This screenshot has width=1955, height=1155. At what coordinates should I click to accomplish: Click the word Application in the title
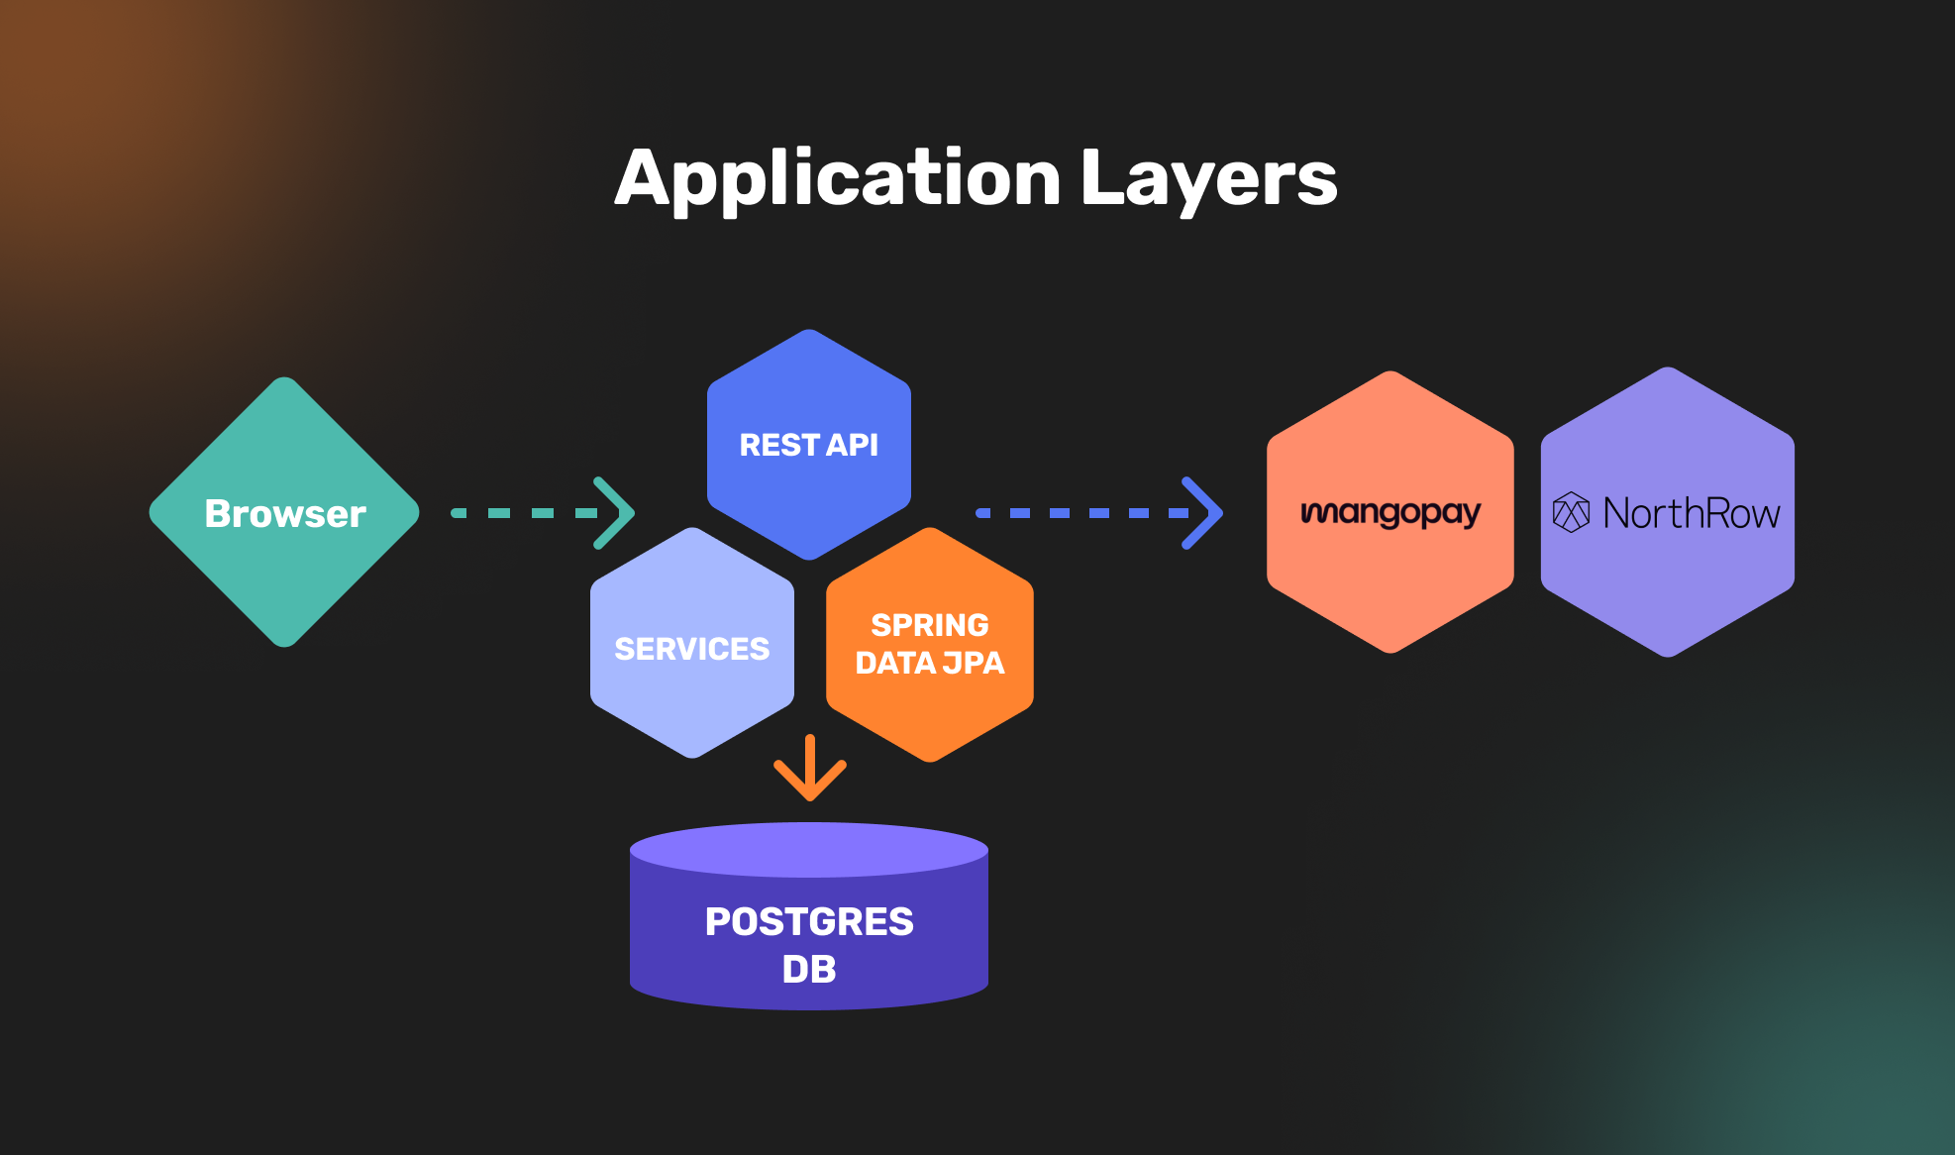pyautogui.click(x=837, y=179)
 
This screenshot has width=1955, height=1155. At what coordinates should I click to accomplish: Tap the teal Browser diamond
pyautogui.click(x=284, y=512)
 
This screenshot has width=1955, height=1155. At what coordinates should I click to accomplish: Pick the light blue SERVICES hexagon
pyautogui.click(x=692, y=683)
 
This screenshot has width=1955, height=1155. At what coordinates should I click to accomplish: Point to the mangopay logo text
pyautogui.click(x=1390, y=513)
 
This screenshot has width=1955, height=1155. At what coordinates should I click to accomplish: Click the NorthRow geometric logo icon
pyautogui.click(x=1571, y=512)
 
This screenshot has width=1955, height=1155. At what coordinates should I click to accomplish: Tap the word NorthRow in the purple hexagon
pyautogui.click(x=1692, y=513)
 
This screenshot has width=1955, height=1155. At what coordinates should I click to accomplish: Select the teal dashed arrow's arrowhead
pyautogui.click(x=614, y=513)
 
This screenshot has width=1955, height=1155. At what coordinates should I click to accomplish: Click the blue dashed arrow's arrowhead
pyautogui.click(x=1202, y=513)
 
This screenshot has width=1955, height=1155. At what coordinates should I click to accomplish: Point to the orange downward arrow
pyautogui.click(x=810, y=769)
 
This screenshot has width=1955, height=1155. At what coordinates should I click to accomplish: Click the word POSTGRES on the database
pyautogui.click(x=809, y=921)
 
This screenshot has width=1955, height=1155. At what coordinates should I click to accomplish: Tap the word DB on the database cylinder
pyautogui.click(x=809, y=969)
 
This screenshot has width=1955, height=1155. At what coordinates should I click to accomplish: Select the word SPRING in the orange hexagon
pyautogui.click(x=930, y=625)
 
